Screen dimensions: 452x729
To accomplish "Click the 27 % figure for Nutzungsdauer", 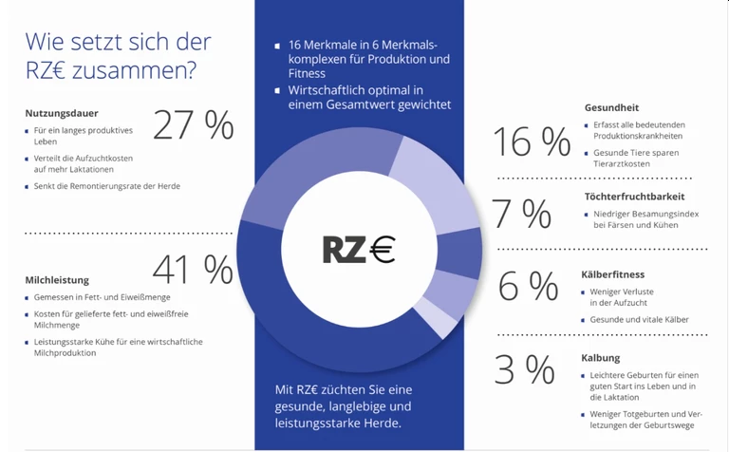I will [193, 125].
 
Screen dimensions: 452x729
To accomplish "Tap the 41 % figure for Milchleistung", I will [193, 271].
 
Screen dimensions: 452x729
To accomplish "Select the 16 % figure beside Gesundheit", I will [531, 142].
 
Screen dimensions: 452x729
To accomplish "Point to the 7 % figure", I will [522, 215].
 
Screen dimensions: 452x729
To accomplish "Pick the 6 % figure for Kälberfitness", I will [528, 285].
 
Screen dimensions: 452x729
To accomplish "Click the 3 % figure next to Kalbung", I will [524, 370].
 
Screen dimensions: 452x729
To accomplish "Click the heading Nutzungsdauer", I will [62, 113].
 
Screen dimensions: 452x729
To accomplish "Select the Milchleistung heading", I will [57, 280].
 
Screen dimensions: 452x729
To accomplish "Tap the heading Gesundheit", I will [611, 108].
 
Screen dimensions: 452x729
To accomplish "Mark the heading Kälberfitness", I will [612, 274].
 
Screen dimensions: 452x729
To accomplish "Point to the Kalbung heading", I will [601, 358].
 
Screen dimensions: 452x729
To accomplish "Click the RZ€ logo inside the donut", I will [358, 249].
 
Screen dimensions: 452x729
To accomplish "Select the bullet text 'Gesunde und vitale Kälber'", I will [639, 320].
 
